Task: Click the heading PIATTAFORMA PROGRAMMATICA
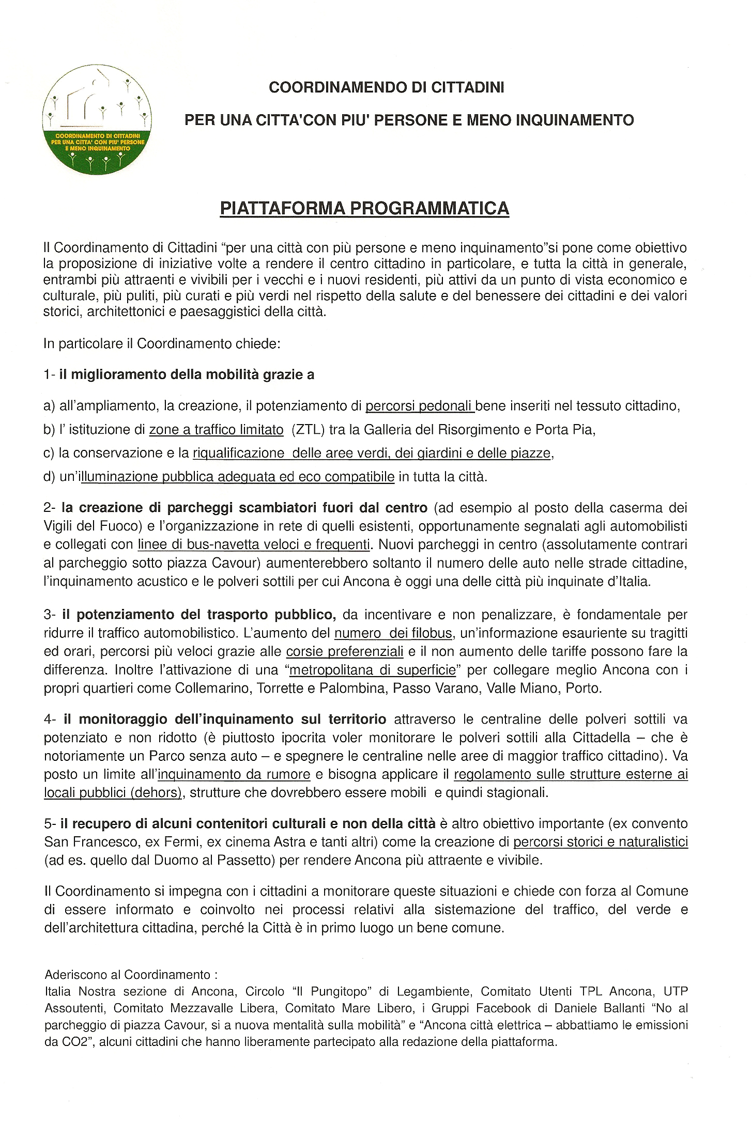(364, 208)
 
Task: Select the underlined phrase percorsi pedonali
(420, 406)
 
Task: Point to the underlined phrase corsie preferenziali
(345, 652)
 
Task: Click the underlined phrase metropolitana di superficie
(373, 670)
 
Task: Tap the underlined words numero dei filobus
(394, 633)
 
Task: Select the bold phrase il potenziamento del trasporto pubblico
(199, 615)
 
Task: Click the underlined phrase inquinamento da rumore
(234, 775)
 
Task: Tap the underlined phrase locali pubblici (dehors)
(113, 793)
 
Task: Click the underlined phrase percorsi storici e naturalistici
(600, 842)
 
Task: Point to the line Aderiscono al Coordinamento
(131, 975)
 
